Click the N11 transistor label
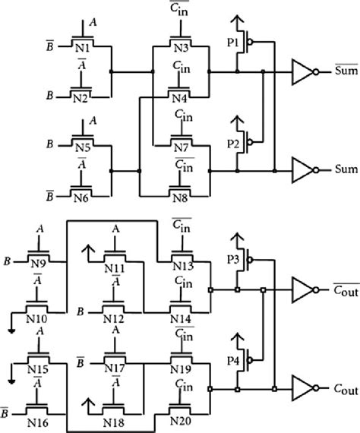115,269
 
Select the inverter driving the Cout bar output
304,290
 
